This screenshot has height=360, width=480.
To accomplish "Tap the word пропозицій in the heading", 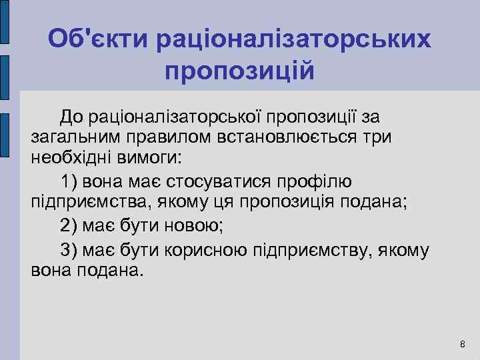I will pyautogui.click(x=239, y=69).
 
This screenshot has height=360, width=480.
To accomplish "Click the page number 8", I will pyautogui.click(x=463, y=344).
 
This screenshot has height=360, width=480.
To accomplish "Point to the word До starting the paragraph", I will pyautogui.click(x=71, y=117).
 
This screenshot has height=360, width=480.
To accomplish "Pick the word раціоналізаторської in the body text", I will pyautogui.click(x=174, y=117).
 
